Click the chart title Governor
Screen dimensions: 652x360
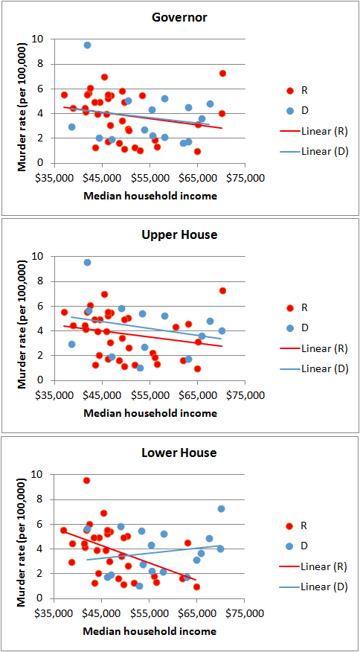(x=179, y=17)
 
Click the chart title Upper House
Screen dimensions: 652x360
(x=179, y=234)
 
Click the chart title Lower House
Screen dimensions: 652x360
(x=179, y=453)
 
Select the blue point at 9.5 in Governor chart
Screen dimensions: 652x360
(x=87, y=45)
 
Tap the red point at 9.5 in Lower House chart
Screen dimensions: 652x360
(x=86, y=481)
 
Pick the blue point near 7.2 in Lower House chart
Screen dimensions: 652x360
(x=221, y=509)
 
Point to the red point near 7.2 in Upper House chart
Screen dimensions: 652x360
(x=222, y=290)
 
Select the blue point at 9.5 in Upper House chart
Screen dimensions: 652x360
(x=87, y=263)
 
